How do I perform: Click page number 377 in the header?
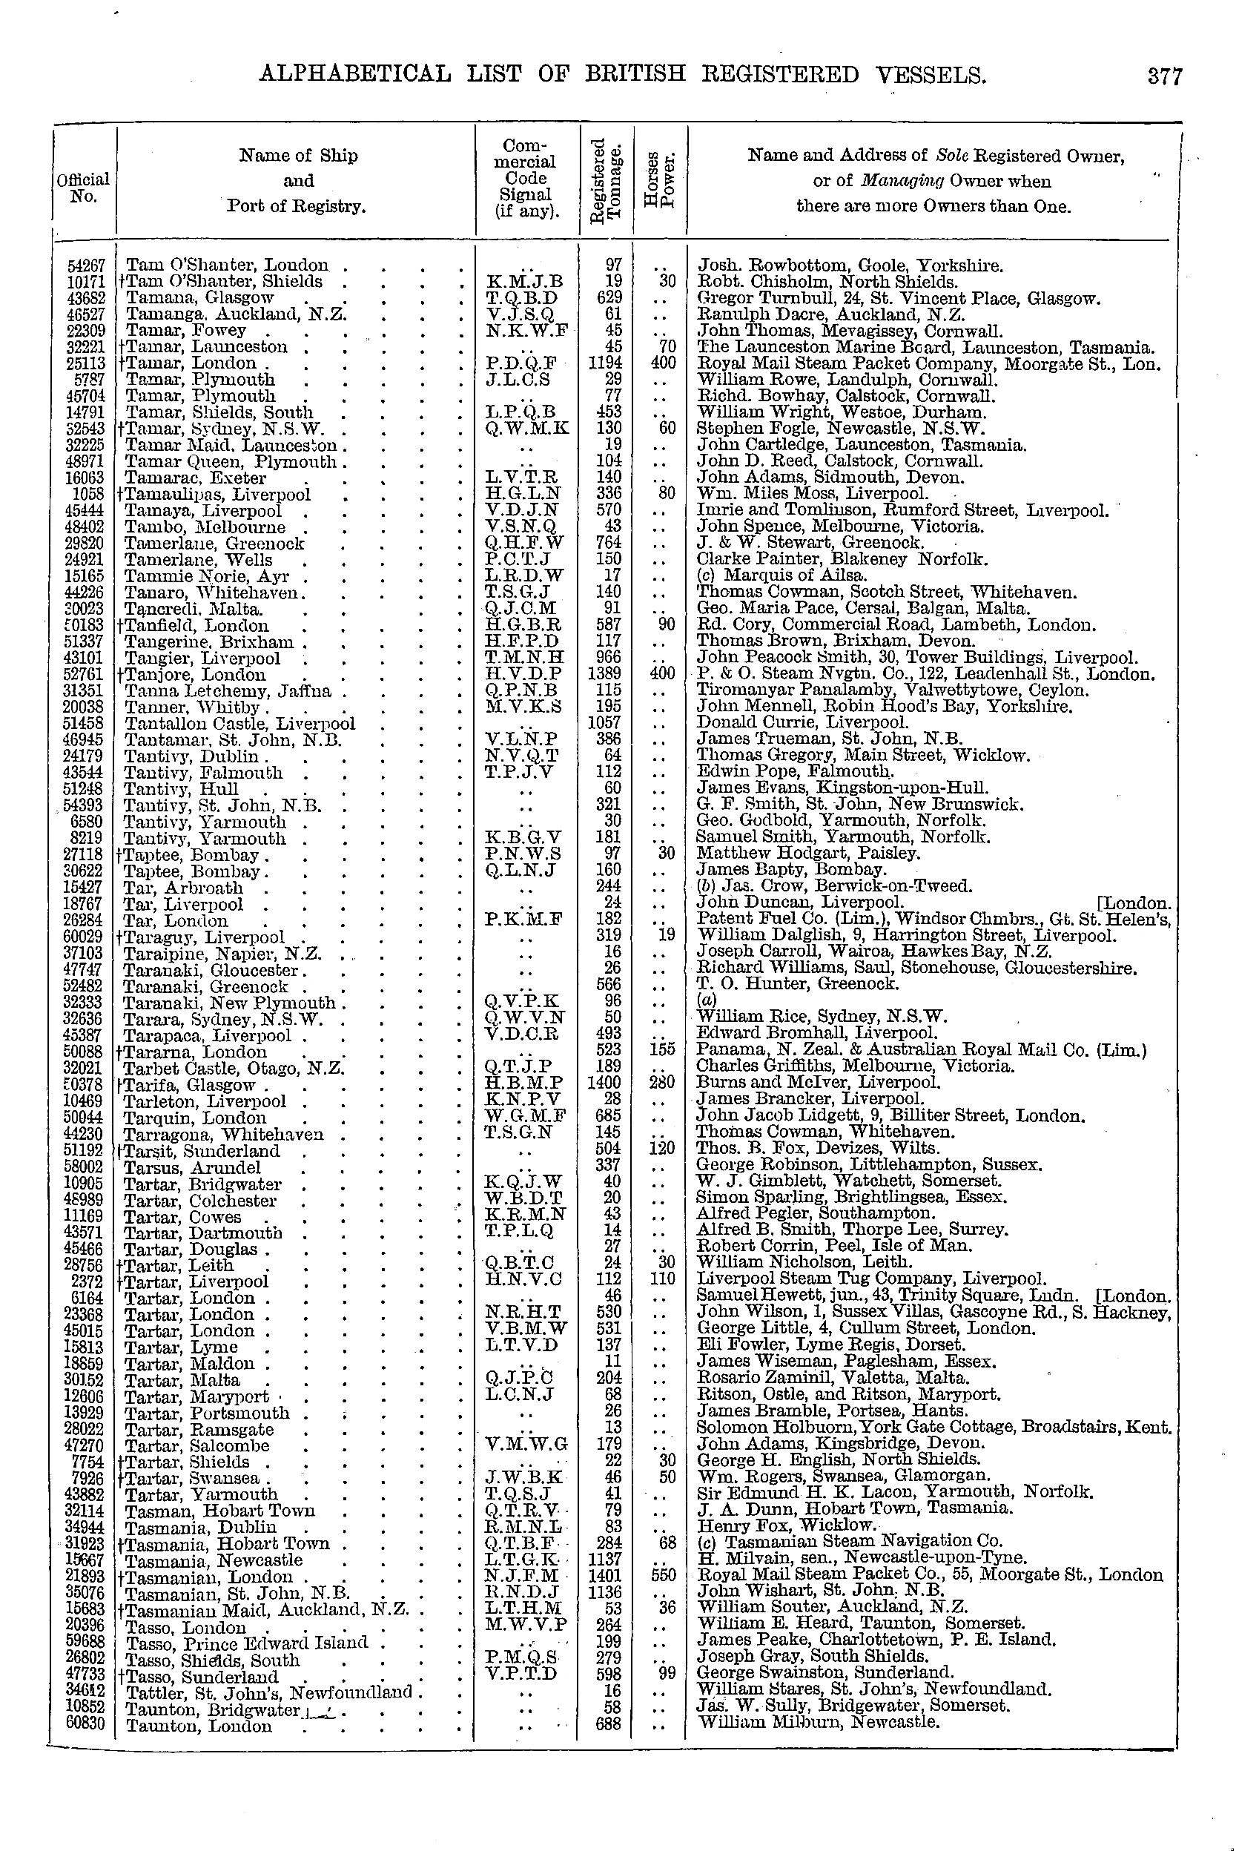(x=1165, y=76)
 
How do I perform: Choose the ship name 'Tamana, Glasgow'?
(x=200, y=298)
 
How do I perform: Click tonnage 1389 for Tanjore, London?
(x=608, y=674)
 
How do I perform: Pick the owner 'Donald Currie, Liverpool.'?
(x=802, y=723)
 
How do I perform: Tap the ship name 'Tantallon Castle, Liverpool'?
(x=240, y=724)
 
